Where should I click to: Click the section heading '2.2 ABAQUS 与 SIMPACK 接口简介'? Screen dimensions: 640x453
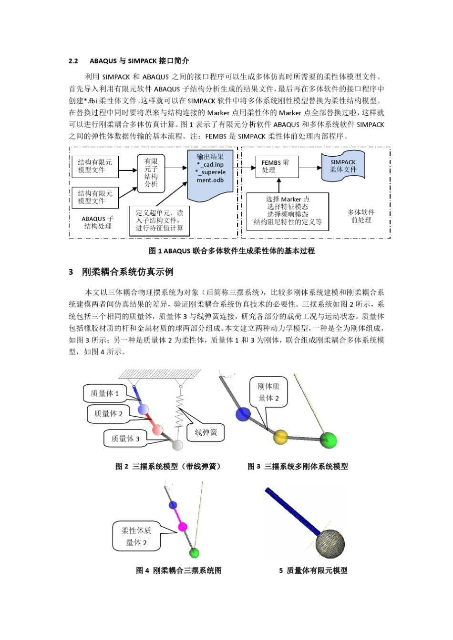tap(129, 61)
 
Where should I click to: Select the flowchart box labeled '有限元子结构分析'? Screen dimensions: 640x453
tap(151, 173)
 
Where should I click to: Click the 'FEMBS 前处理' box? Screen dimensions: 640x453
tap(276, 166)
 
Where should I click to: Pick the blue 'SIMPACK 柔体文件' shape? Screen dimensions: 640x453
tap(343, 166)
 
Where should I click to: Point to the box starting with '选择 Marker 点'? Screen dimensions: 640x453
tap(288, 211)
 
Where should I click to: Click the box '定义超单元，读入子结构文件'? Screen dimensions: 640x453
tap(159, 220)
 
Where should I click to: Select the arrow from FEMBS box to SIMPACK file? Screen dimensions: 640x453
tap(310, 167)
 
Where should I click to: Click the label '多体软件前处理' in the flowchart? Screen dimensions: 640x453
tap(361, 216)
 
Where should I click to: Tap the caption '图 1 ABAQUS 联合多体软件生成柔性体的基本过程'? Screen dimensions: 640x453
tap(232, 251)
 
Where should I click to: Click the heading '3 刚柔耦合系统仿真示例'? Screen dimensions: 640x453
tap(121, 272)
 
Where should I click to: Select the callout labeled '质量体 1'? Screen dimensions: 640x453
tap(105, 393)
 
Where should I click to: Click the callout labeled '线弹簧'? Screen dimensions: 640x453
tap(206, 432)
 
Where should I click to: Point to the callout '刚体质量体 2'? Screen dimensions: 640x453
tap(268, 392)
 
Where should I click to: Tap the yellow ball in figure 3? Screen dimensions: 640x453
tap(280, 436)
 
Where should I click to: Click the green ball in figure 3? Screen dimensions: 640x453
tap(328, 440)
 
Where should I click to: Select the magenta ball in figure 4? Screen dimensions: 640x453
tap(182, 527)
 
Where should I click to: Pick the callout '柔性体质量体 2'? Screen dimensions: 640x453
tap(136, 537)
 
